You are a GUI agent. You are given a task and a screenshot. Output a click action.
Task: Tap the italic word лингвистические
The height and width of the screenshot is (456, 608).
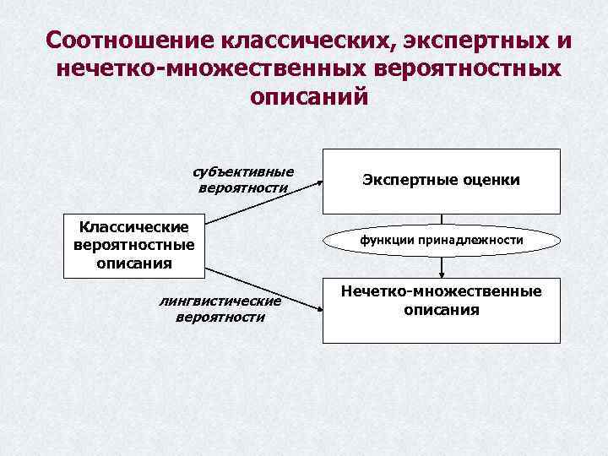pyautogui.click(x=220, y=301)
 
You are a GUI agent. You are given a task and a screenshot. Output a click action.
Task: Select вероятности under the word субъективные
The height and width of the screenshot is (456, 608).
pyautogui.click(x=242, y=187)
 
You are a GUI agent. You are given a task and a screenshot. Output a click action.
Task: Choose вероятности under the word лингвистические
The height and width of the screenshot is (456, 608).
pyautogui.click(x=220, y=318)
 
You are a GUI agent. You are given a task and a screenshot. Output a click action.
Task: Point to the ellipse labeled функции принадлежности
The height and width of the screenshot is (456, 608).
pyautogui.click(x=442, y=241)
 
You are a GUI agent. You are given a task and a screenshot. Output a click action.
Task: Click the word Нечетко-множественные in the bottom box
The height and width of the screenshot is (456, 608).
pyautogui.click(x=441, y=291)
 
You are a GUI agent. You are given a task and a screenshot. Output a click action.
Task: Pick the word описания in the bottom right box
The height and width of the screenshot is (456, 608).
pyautogui.click(x=441, y=310)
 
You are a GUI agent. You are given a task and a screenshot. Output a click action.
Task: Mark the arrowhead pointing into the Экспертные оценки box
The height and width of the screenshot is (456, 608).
pyautogui.click(x=318, y=181)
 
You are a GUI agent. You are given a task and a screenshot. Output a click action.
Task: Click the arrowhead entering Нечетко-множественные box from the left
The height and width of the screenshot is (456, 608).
pyautogui.click(x=318, y=310)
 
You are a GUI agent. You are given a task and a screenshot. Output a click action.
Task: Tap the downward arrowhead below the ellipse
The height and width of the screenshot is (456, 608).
pyautogui.click(x=442, y=274)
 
